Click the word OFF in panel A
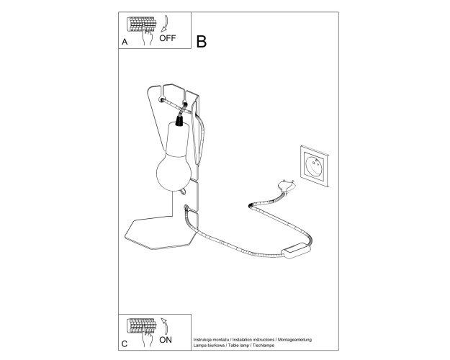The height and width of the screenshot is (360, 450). coord(167,38)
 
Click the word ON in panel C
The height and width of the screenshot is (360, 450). coord(166,340)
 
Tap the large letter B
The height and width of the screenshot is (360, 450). coord(201,42)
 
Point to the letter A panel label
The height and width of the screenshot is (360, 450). coord(125,42)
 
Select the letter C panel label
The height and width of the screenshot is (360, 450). coord(125,344)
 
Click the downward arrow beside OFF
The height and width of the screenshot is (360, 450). coord(165,24)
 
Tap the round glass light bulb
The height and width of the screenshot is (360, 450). coord(174,172)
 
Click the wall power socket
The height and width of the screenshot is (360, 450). coord(314,166)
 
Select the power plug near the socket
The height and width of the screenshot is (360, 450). coord(287,186)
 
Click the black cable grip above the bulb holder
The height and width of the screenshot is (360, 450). coord(179,120)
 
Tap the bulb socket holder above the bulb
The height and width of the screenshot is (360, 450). coord(177,140)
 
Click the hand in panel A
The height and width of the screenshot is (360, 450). coord(148,37)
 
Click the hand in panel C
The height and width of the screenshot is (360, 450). coord(148,338)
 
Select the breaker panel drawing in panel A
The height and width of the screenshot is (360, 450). coord(142,24)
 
